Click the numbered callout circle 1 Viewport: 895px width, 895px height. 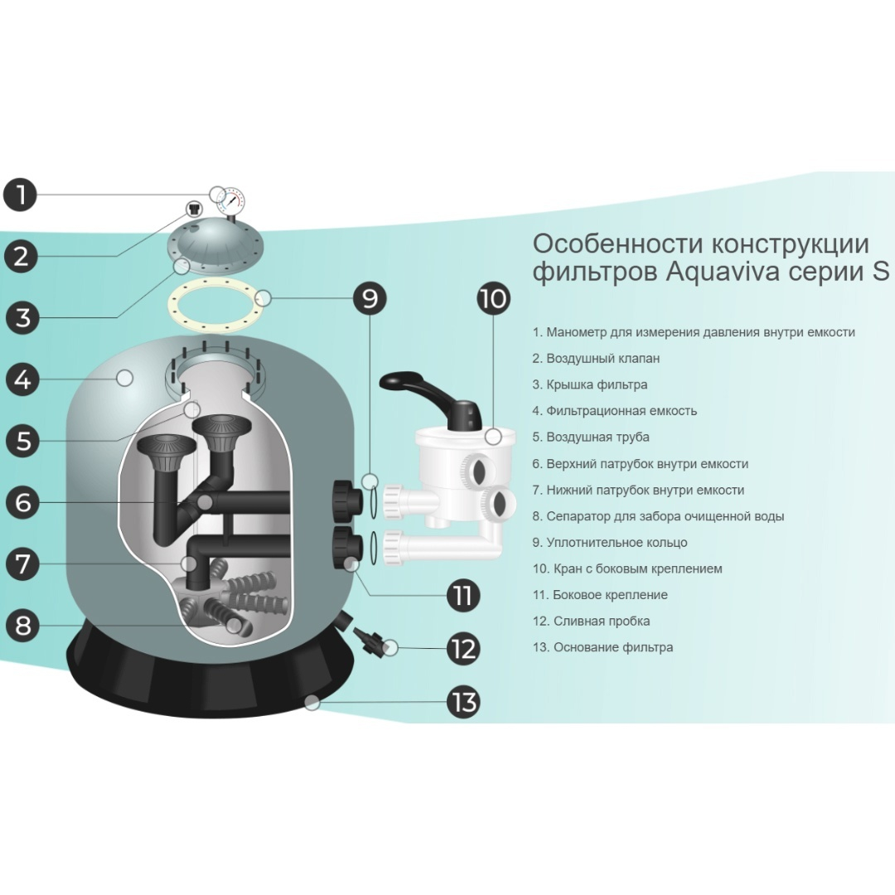pyautogui.click(x=21, y=194)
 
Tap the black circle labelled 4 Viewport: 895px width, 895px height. pyautogui.click(x=23, y=380)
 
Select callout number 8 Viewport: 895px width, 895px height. pyautogui.click(x=23, y=625)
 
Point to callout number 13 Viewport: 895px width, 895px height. pyautogui.click(x=463, y=703)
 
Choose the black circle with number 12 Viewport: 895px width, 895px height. pyautogui.click(x=463, y=649)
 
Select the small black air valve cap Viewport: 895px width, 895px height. pyautogui.click(x=196, y=208)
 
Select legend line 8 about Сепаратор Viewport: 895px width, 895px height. pyautogui.click(x=658, y=516)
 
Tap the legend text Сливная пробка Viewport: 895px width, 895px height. pyautogui.click(x=591, y=621)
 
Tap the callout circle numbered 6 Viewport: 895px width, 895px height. pyautogui.click(x=23, y=502)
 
